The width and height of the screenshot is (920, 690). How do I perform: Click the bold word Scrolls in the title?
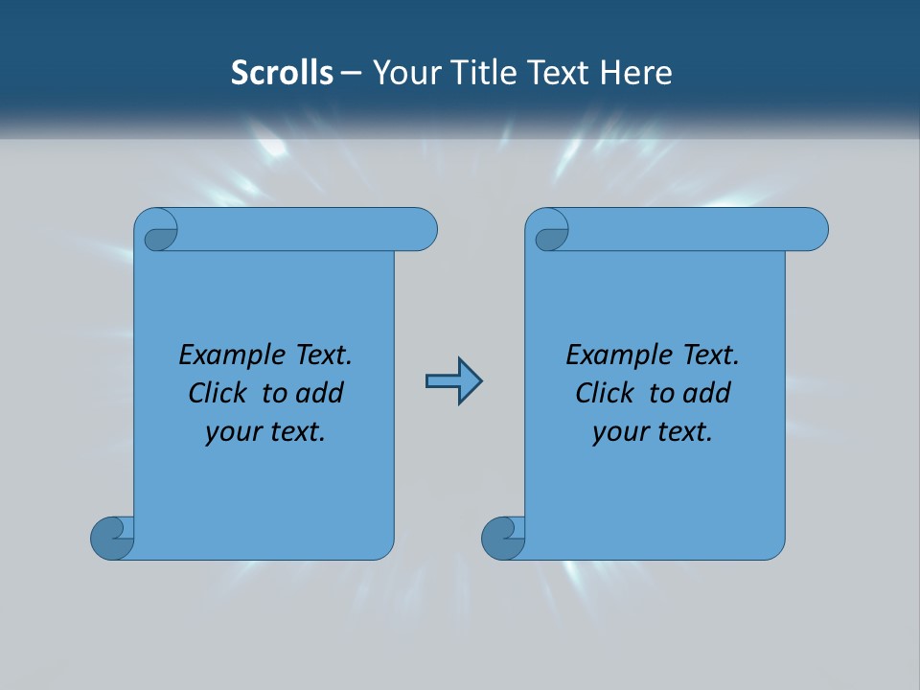[x=282, y=72]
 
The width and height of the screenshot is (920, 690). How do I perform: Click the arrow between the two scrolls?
[x=453, y=381]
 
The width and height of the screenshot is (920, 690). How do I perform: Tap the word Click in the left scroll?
[x=221, y=393]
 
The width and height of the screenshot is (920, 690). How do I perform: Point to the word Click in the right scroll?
[x=609, y=393]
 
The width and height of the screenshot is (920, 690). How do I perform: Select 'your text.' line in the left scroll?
[x=265, y=431]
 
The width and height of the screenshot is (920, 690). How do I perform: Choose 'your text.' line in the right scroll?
[x=653, y=431]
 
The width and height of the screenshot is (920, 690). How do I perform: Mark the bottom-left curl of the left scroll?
[x=110, y=537]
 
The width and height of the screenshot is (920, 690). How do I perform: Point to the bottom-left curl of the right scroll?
[x=501, y=537]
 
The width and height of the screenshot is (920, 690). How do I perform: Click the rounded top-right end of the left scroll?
[x=422, y=230]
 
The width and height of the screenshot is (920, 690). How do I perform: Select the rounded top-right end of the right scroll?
[x=813, y=230]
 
